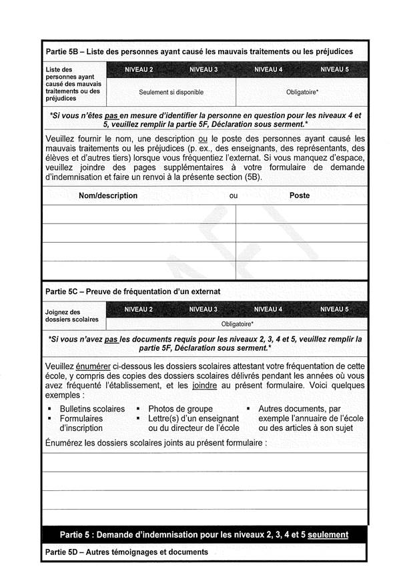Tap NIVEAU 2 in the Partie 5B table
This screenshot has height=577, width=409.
point(139,69)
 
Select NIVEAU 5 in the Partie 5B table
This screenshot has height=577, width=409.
point(334,69)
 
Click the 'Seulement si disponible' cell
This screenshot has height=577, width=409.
point(171,92)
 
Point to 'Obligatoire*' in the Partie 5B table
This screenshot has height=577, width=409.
point(302,92)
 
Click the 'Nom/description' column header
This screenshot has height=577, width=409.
point(108,196)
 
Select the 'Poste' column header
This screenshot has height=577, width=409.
point(300,196)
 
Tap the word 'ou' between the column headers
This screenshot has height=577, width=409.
point(234,196)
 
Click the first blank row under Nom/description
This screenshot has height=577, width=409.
point(139,214)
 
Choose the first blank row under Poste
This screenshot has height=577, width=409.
point(301,214)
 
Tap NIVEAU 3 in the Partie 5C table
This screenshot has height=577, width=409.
point(203,310)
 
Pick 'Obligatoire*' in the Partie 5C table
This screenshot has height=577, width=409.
point(237,324)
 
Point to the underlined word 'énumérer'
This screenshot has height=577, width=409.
point(92,366)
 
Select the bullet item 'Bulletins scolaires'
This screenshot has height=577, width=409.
point(92,408)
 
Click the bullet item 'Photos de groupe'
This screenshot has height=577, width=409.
point(180,408)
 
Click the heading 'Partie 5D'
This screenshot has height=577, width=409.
point(127,552)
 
